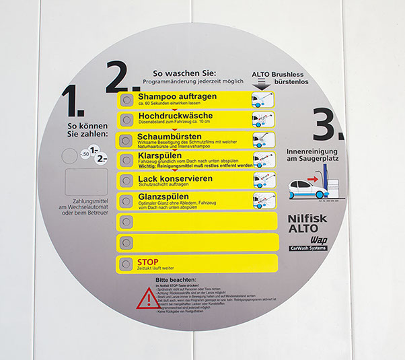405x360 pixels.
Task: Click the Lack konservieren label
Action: click(x=175, y=178)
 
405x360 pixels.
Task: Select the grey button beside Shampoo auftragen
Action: click(x=126, y=100)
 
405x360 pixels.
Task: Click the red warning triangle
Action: click(x=148, y=297)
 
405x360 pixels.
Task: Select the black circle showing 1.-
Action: click(x=94, y=149)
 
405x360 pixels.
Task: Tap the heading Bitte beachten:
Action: click(x=176, y=279)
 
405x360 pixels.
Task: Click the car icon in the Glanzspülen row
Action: click(x=262, y=200)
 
